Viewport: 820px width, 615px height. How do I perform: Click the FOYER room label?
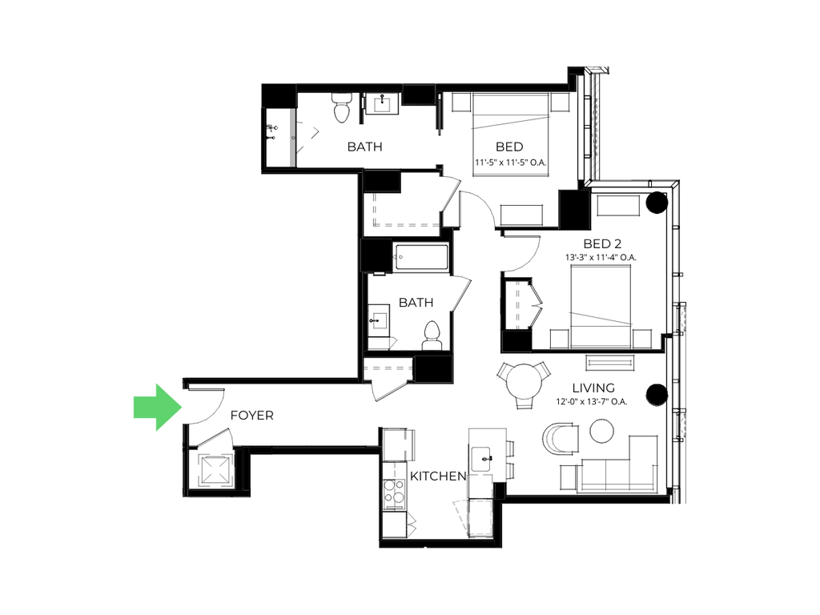click(x=251, y=416)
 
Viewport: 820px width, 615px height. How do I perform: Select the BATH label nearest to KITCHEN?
click(x=415, y=303)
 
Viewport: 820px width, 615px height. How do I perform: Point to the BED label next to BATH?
click(x=511, y=147)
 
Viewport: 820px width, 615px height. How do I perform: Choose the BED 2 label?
click(x=602, y=245)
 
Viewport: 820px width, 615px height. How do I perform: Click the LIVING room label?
click(x=593, y=388)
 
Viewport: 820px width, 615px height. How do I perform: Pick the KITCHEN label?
click(x=437, y=476)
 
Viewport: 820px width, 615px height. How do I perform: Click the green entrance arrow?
click(x=156, y=407)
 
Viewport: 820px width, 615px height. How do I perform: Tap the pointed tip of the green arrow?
click(x=183, y=408)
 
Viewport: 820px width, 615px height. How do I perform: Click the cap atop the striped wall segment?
click(x=597, y=70)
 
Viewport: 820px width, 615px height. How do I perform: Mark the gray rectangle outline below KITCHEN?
click(x=480, y=517)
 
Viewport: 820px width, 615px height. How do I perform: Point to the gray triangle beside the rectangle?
click(x=460, y=516)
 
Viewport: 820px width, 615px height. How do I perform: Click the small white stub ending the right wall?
click(x=675, y=497)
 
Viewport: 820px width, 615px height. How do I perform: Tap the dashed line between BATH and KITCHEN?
click(x=420, y=349)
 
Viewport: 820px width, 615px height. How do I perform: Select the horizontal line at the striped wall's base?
click(x=637, y=180)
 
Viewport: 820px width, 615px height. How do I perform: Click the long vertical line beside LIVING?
click(x=679, y=336)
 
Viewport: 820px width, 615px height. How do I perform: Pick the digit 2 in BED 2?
click(x=618, y=244)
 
